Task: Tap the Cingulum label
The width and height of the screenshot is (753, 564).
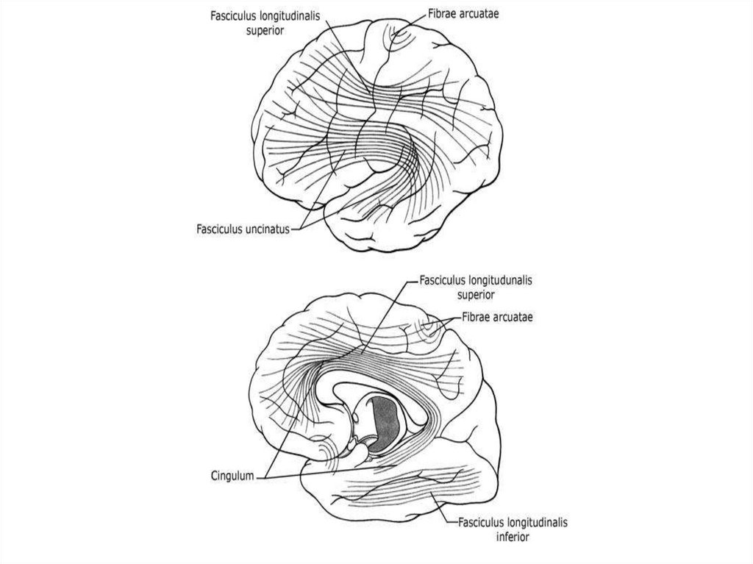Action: click(227, 476)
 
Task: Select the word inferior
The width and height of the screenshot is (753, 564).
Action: click(513, 537)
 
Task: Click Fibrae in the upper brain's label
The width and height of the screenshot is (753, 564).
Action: click(444, 13)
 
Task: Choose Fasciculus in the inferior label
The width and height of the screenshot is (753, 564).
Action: click(482, 524)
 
